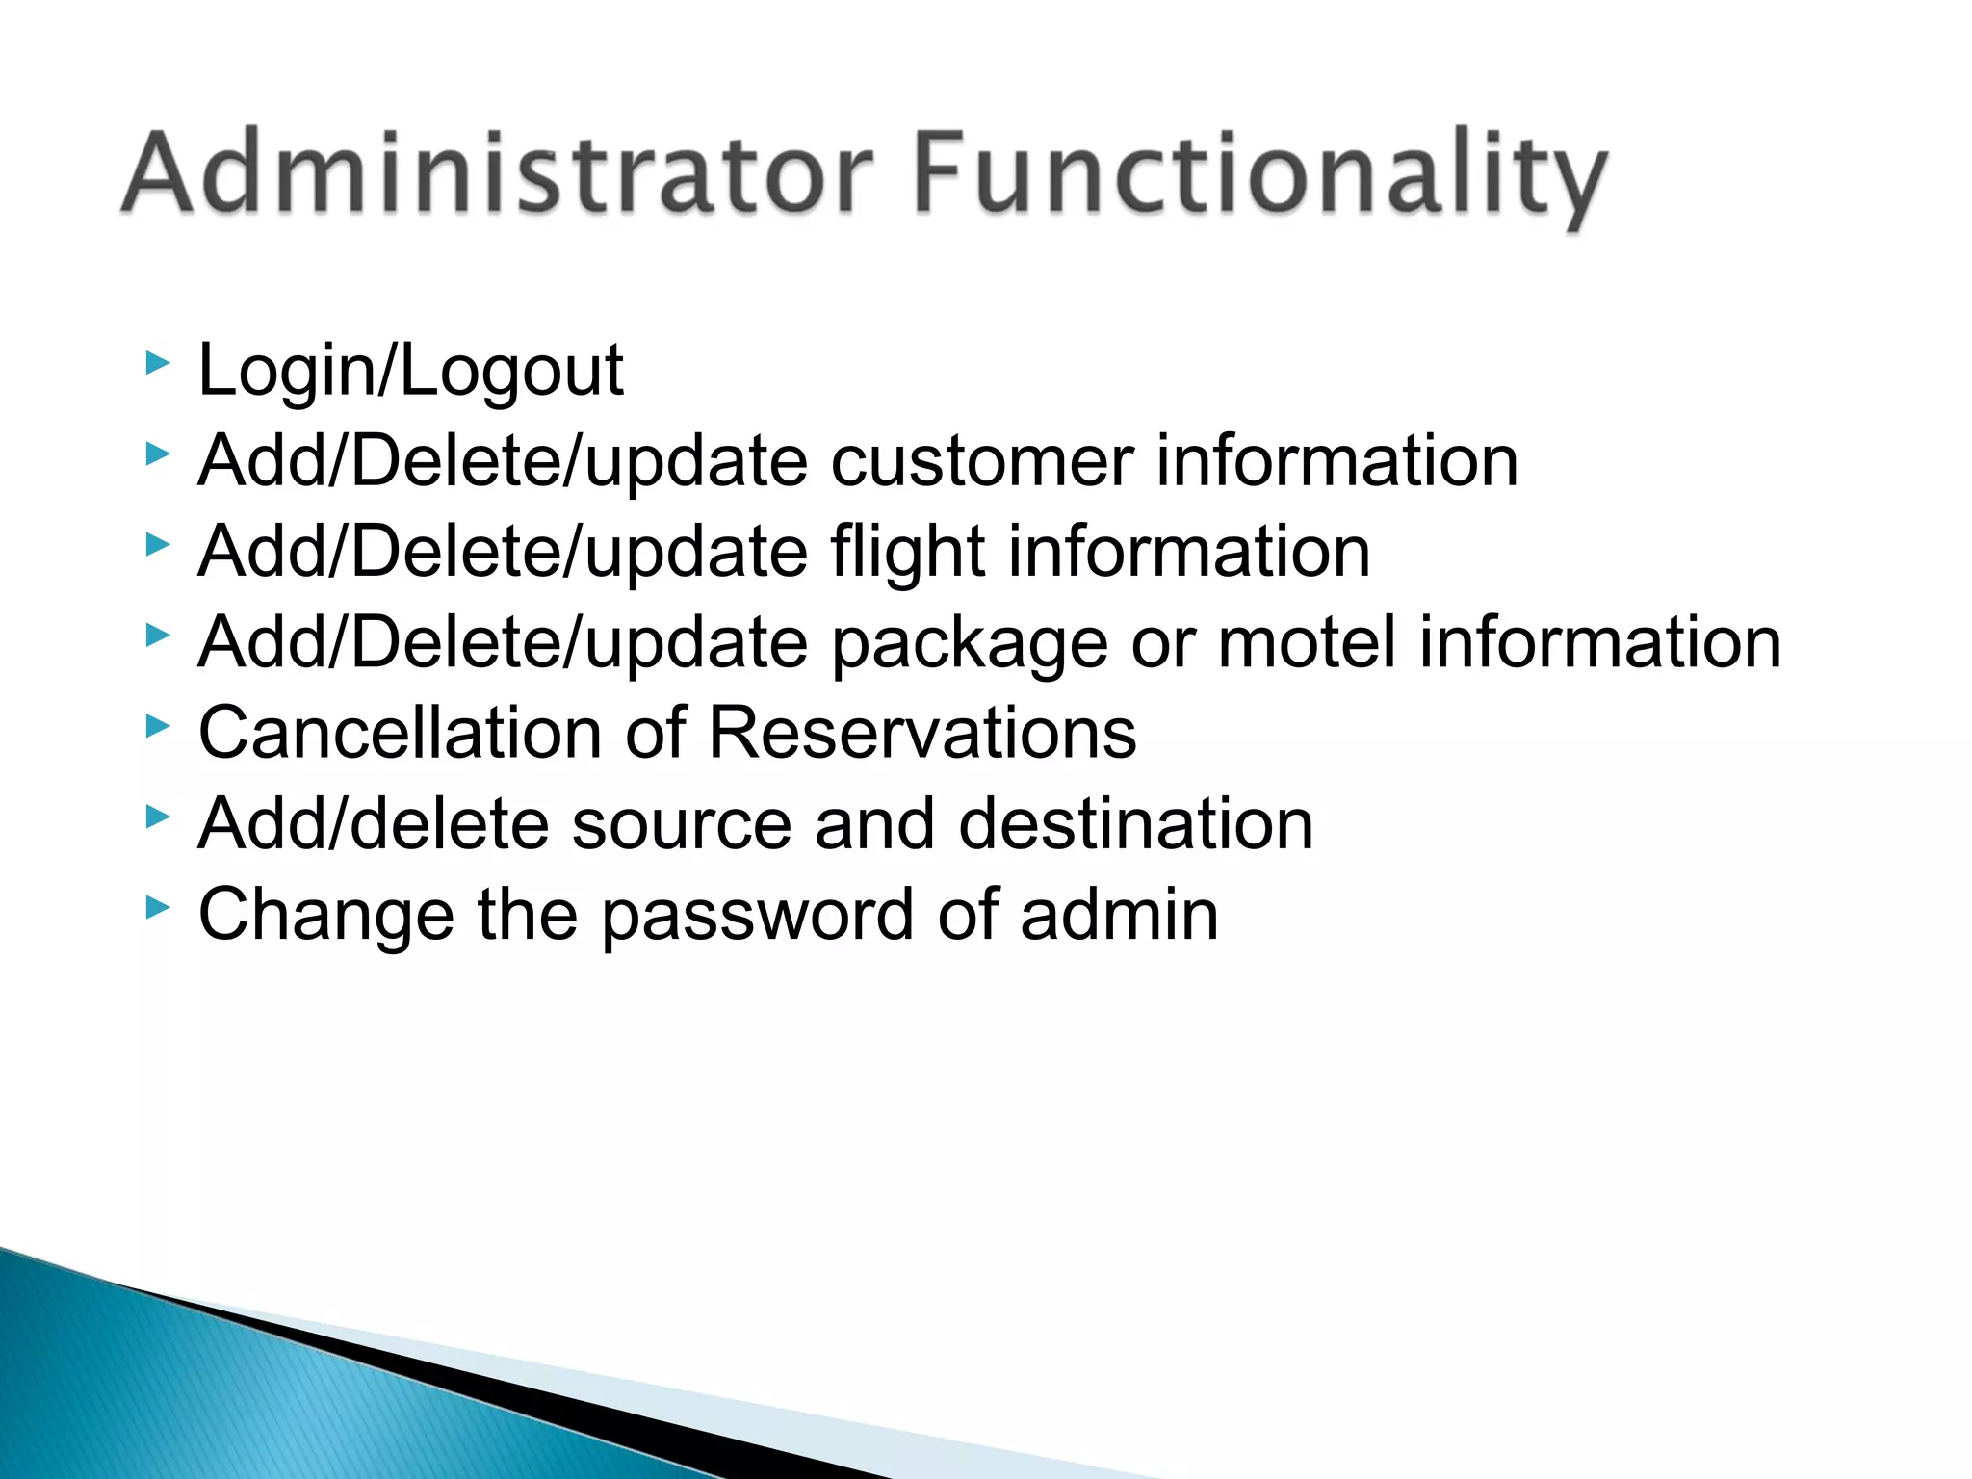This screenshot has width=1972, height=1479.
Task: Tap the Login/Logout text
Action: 411,370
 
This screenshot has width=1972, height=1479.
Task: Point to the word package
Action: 969,643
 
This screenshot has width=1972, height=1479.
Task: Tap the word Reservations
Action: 921,733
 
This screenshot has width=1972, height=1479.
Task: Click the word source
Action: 681,824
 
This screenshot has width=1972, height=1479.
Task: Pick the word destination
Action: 1135,824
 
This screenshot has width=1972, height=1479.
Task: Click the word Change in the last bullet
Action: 325,915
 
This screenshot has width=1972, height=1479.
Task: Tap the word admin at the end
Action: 1119,915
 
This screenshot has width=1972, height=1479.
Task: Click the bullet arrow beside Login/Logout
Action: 158,364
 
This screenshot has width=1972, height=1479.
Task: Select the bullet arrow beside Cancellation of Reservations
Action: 158,727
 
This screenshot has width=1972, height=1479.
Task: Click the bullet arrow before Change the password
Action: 158,908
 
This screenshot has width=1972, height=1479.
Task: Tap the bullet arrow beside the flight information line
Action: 158,545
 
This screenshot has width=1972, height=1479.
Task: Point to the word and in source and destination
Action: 874,824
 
